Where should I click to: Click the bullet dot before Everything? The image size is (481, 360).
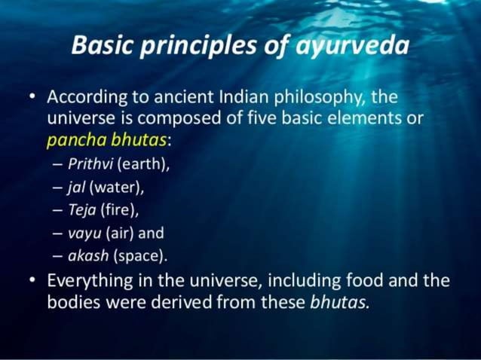tap(31, 281)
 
